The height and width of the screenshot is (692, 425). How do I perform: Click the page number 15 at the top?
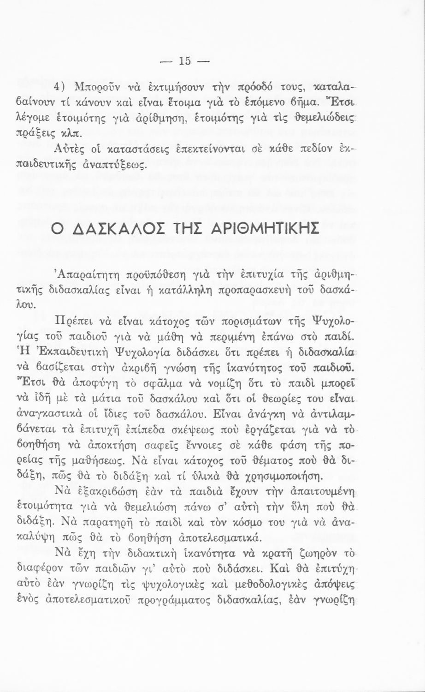[185, 60]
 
